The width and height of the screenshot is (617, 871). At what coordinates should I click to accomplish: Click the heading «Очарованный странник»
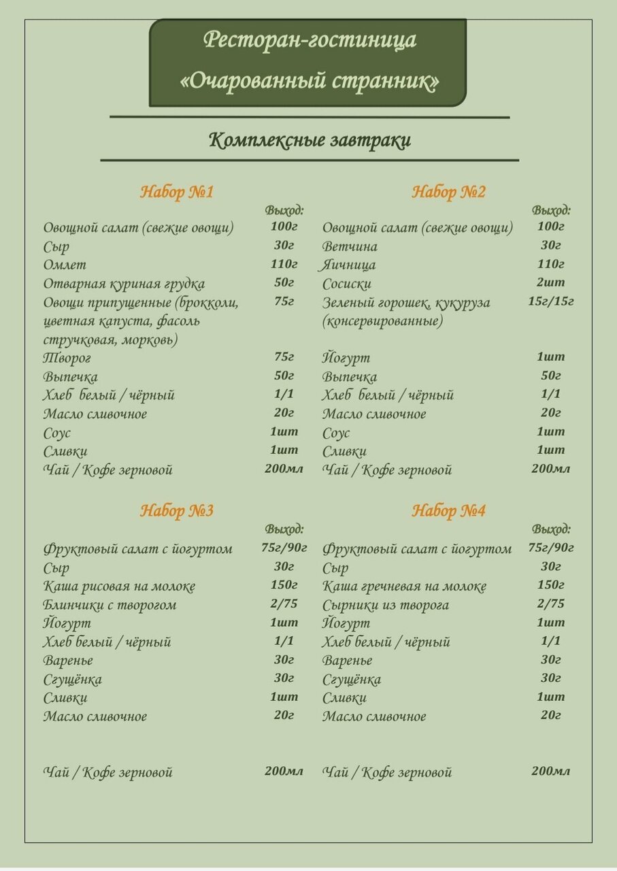click(x=310, y=81)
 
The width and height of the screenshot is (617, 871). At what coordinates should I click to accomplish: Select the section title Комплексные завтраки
click(x=310, y=140)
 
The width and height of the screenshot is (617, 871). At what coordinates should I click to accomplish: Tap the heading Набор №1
click(x=177, y=192)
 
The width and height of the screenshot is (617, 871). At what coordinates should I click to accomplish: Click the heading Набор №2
click(x=449, y=192)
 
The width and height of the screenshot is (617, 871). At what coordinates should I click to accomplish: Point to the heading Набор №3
click(x=177, y=510)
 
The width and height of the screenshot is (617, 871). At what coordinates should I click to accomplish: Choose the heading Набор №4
click(x=449, y=510)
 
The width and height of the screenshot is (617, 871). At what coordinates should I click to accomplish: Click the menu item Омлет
click(x=65, y=265)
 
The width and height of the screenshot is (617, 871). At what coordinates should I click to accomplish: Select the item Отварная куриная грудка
click(x=124, y=284)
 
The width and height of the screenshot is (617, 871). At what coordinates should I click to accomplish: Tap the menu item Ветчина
click(x=350, y=246)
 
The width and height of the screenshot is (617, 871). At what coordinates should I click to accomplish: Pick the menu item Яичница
click(x=348, y=265)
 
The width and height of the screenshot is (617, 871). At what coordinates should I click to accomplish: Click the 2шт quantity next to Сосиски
click(x=550, y=282)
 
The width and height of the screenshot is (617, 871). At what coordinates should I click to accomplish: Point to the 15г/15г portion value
click(x=550, y=301)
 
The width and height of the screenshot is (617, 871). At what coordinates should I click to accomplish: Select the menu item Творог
click(x=67, y=358)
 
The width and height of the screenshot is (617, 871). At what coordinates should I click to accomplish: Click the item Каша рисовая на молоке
click(x=119, y=586)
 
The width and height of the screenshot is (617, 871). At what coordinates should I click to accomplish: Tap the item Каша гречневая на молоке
click(x=404, y=586)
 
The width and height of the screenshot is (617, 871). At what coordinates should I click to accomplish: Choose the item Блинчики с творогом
click(x=110, y=605)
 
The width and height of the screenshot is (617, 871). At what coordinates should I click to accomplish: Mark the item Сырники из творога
click(x=385, y=605)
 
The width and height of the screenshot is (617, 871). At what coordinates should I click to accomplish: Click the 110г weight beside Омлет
click(x=284, y=264)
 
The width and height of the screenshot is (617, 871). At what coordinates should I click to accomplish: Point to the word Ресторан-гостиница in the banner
click(x=310, y=39)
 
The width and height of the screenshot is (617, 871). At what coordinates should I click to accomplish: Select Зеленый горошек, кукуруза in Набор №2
click(x=406, y=303)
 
